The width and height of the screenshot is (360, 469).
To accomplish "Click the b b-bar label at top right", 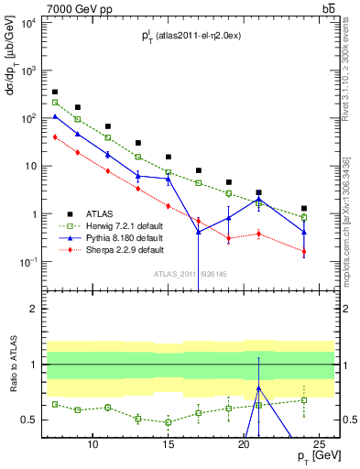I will (327, 9).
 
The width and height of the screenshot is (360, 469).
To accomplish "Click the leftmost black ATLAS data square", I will (55, 92).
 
